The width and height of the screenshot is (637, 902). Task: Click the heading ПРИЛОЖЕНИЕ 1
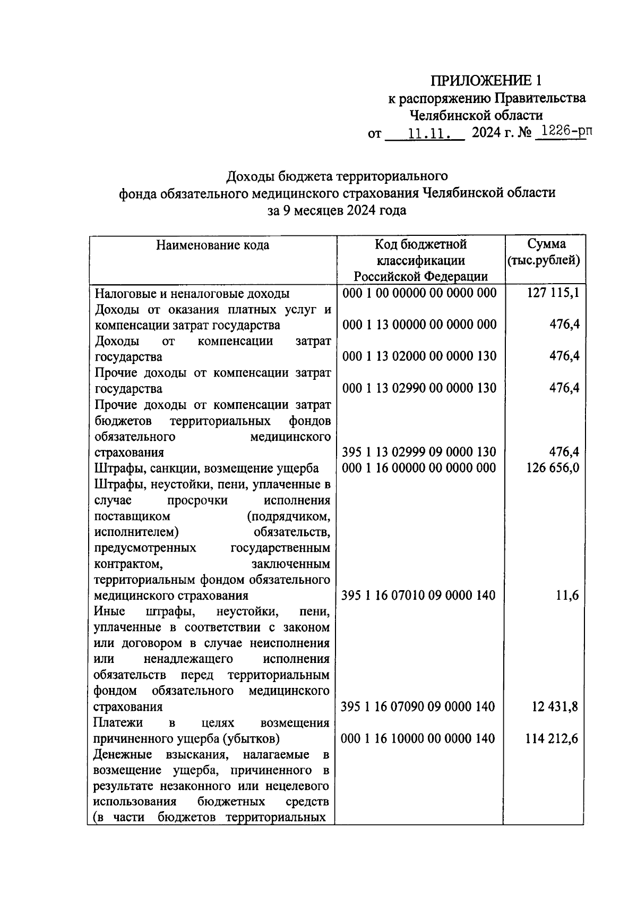[487, 81]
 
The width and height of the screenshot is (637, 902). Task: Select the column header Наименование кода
[212, 245]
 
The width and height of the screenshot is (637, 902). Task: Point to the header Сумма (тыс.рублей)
[546, 252]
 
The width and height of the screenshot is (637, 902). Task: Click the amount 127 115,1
[553, 293]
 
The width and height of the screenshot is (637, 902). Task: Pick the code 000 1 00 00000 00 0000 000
[419, 293]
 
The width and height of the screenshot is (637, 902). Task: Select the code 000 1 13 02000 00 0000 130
[419, 356]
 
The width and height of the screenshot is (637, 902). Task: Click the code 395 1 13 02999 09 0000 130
[419, 452]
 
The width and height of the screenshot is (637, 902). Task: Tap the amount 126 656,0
[553, 468]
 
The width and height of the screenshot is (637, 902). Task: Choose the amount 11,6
[566, 595]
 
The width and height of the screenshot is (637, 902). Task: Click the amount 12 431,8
[554, 707]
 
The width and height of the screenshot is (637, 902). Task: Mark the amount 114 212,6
[552, 739]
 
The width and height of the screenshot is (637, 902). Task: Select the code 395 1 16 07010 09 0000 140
[418, 595]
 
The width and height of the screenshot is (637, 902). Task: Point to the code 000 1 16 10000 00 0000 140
[418, 739]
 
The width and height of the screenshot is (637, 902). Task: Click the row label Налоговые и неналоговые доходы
[192, 294]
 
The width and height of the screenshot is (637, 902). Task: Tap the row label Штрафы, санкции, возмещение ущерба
[206, 468]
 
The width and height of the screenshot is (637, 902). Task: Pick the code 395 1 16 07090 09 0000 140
[418, 707]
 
